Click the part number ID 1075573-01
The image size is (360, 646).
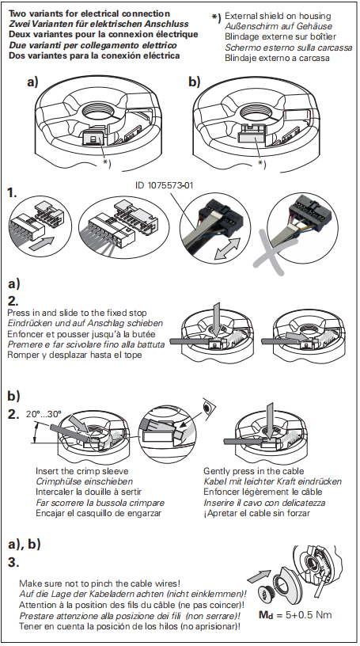pyautogui.click(x=164, y=186)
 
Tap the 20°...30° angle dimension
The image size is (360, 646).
pyautogui.click(x=44, y=413)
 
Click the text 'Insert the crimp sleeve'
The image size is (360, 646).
pyautogui.click(x=82, y=471)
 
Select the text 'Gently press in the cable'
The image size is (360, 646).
pyautogui.click(x=254, y=471)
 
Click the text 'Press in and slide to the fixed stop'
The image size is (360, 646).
pyautogui.click(x=77, y=313)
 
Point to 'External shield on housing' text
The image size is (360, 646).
pyautogui.click(x=278, y=16)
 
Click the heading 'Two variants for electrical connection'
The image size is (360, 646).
pyautogui.click(x=89, y=13)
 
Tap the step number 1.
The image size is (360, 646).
pyautogui.click(x=13, y=193)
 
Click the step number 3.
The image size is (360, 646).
pyautogui.click(x=13, y=562)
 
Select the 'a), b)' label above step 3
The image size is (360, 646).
pyautogui.click(x=25, y=545)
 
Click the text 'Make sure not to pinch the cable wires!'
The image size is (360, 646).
pyautogui.click(x=100, y=583)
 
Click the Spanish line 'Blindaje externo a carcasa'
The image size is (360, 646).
pyautogui.click(x=277, y=58)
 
